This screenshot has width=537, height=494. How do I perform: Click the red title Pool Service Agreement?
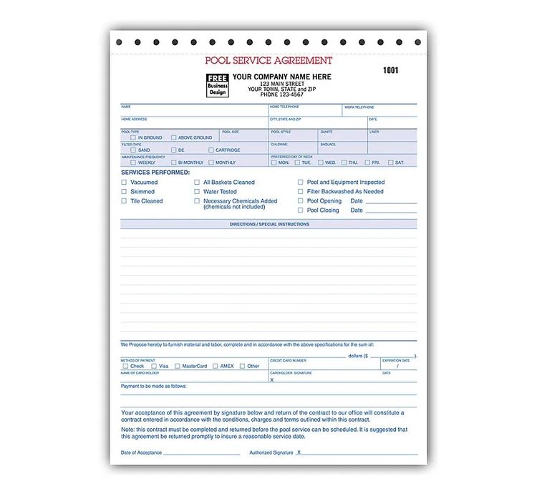268,61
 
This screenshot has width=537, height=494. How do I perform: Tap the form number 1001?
390,70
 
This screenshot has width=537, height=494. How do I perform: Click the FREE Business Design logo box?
218,85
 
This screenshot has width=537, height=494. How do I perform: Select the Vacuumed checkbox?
123,183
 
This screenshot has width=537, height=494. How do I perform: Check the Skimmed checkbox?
123,192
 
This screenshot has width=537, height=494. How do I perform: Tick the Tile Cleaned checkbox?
123,201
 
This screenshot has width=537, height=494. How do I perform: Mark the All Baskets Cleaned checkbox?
197,183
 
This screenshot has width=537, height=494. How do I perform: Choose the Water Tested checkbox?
197,192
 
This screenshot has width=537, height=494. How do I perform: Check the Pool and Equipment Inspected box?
301,183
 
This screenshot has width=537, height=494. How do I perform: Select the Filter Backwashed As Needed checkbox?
301,192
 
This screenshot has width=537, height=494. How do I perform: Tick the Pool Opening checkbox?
301,201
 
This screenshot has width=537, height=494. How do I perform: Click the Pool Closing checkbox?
301,210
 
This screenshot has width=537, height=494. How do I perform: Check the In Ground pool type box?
133,137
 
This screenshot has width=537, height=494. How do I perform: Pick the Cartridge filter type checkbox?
211,150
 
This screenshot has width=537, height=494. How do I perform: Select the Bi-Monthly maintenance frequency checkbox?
172,163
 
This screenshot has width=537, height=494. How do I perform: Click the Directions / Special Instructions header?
269,224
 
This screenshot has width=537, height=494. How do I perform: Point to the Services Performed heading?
155,173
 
